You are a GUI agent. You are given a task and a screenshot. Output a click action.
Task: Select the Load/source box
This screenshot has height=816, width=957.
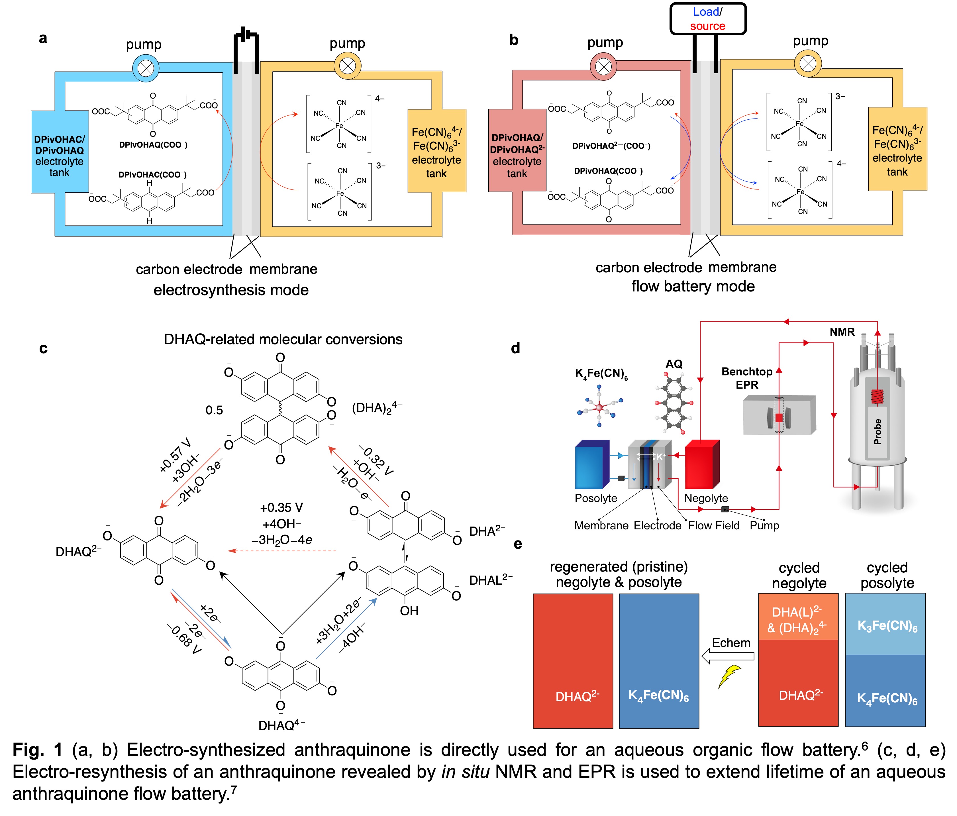pos(708,19)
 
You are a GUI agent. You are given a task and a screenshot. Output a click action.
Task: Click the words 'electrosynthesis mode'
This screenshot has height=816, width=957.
pos(231,290)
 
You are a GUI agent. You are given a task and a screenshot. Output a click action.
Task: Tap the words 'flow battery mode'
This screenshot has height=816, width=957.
pos(693,286)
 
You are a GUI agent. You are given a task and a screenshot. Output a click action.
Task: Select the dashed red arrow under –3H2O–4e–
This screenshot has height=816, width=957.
pos(282,551)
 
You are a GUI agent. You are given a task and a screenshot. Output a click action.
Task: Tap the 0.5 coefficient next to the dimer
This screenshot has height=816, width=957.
pos(214,410)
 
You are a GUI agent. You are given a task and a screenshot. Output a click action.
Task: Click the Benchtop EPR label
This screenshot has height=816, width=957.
pos(746,378)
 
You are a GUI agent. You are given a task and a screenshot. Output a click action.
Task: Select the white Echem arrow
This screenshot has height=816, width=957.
pos(727,656)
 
